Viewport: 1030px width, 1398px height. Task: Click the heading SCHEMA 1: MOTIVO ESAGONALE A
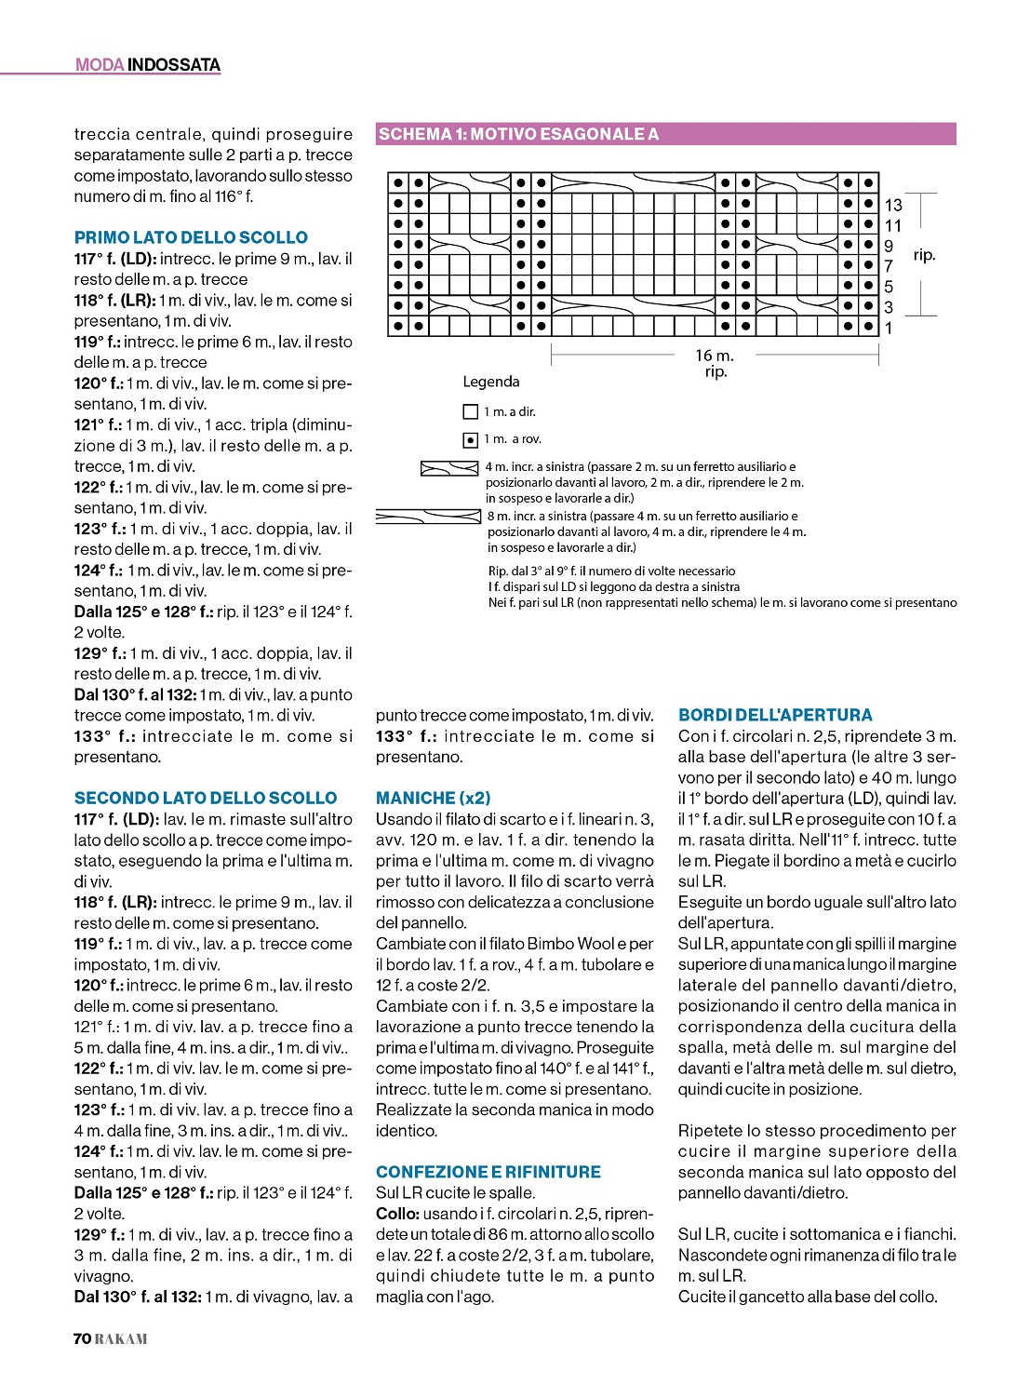pos(518,134)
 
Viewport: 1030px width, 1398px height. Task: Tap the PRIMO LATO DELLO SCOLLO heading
pos(191,237)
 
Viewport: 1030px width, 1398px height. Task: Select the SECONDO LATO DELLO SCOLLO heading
pos(206,798)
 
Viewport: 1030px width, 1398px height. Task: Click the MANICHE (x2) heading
pos(433,798)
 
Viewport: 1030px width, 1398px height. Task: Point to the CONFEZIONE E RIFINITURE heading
pos(488,1172)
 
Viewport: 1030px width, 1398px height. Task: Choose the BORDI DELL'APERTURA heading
pos(775,715)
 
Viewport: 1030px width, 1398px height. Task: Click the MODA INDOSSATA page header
pos(148,65)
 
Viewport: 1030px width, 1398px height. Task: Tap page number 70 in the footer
pos(82,1338)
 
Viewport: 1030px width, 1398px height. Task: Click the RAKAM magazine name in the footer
pos(121,1338)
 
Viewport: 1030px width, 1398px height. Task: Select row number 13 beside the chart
pos(893,205)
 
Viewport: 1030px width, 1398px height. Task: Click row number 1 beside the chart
pos(889,328)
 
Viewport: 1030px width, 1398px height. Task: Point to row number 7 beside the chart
pos(889,266)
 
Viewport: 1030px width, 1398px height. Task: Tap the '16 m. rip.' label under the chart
pos(715,363)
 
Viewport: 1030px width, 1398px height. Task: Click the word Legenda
pos(491,382)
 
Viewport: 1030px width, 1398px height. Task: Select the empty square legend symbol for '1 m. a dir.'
pos(471,411)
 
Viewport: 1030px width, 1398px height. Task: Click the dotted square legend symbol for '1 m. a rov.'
pos(471,439)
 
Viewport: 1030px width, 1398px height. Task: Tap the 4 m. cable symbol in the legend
pos(449,467)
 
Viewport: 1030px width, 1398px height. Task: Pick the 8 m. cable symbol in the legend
pos(428,516)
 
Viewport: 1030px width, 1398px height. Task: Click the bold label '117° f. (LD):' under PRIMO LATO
pos(115,259)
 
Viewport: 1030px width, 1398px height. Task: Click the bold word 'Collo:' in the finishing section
pos(397,1214)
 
